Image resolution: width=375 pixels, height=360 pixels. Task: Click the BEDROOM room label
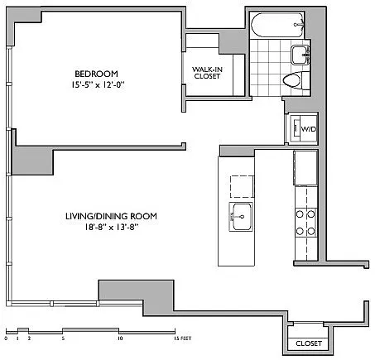[96, 74]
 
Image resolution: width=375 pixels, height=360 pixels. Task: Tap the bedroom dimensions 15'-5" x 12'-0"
[98, 84]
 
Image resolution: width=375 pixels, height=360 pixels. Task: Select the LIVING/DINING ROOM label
[111, 216]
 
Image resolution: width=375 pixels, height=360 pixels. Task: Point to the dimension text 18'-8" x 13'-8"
[111, 228]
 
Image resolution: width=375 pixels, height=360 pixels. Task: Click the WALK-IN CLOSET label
[207, 73]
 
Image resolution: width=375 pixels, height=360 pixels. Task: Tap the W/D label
[309, 129]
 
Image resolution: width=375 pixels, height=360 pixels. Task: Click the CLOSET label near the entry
[309, 343]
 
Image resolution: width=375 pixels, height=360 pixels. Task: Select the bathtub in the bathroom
[277, 25]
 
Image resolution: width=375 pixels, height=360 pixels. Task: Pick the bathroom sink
[300, 55]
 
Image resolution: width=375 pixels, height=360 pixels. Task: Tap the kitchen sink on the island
[241, 217]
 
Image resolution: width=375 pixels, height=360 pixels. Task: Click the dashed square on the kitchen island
[242, 186]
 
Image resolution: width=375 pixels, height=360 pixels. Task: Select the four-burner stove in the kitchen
[305, 223]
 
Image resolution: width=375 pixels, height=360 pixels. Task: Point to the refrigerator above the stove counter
[305, 168]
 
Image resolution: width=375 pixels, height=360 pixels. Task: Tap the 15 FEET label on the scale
[182, 338]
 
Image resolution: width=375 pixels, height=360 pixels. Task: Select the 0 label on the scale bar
[6, 338]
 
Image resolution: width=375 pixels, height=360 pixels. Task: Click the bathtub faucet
[299, 25]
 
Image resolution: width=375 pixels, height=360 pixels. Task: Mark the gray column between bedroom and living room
[32, 161]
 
